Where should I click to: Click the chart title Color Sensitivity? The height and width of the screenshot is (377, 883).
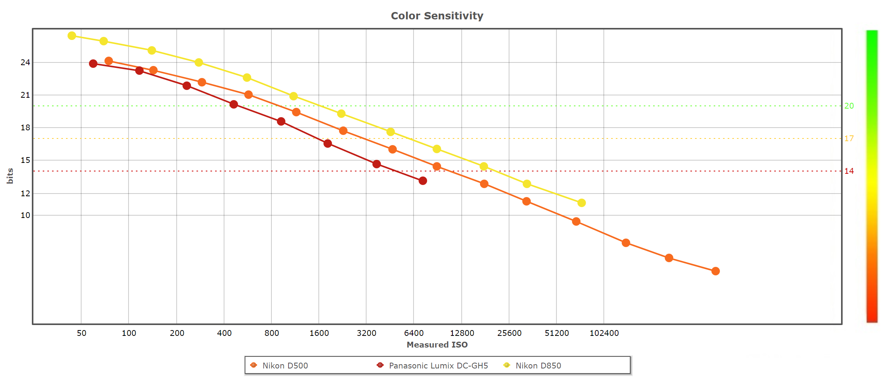pos(437,16)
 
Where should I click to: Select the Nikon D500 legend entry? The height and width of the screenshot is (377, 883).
pos(285,365)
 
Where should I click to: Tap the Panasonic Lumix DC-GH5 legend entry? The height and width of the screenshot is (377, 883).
pos(438,365)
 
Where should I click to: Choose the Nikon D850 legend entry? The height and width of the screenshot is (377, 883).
pos(538,365)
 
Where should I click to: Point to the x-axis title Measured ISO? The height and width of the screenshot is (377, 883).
pos(437,344)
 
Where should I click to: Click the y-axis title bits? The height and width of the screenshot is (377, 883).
pos(10,176)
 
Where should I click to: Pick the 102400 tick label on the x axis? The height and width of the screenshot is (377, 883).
pos(604,333)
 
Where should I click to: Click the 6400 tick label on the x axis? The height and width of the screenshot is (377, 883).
pos(414,333)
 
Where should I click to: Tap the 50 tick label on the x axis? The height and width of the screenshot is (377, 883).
pos(82,333)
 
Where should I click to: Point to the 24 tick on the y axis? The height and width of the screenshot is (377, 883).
pos(25,62)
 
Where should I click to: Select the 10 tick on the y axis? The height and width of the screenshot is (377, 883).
pos(25,215)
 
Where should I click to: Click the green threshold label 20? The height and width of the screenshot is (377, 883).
pos(849,106)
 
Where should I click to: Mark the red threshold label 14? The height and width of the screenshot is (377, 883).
pos(849,171)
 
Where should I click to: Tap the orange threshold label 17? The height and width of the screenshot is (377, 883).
pos(849,138)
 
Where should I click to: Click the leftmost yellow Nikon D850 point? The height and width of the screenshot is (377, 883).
pos(72,36)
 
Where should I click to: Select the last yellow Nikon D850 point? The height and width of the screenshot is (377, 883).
pos(581,203)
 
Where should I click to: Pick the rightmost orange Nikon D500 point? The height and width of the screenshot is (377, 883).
pos(716,271)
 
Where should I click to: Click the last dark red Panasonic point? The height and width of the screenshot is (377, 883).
pos(423,181)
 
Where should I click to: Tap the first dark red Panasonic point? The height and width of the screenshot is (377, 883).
pos(93,64)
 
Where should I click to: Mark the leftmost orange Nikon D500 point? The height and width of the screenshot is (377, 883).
pos(109,61)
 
